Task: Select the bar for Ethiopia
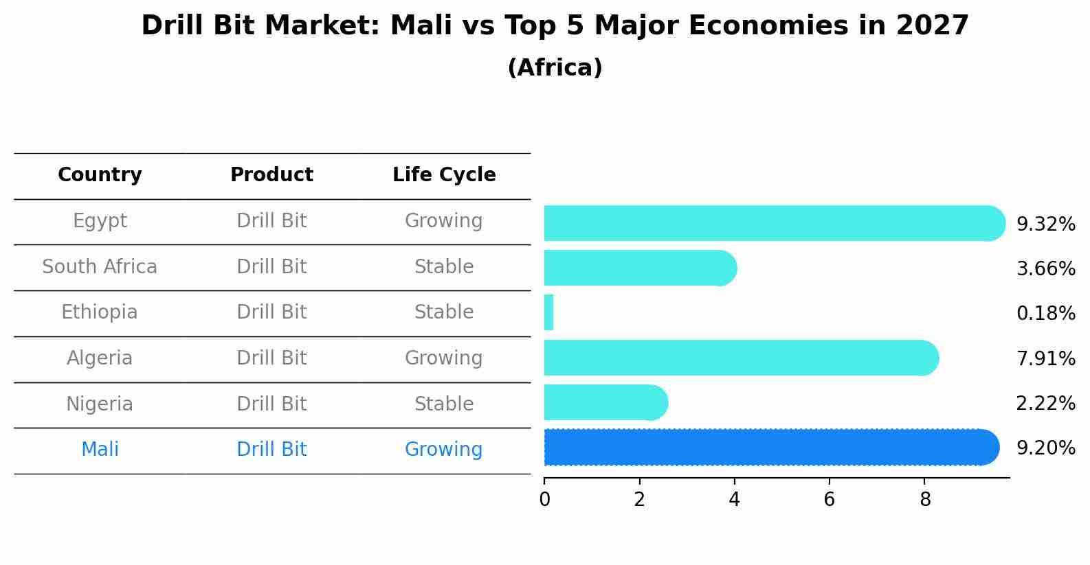point(549,313)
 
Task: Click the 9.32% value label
point(1045,224)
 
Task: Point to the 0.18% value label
point(1045,314)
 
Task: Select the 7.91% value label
point(1045,358)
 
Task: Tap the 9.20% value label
point(1045,448)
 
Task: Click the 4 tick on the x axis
point(734,500)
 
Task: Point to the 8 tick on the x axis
point(924,500)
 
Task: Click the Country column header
point(100,175)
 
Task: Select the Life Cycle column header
point(444,175)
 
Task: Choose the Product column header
point(271,175)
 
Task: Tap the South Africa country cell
point(100,266)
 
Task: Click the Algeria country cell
point(100,358)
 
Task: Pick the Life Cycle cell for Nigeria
point(444,404)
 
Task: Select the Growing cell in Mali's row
point(444,450)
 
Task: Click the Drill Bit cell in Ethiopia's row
point(271,312)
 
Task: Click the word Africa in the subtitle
point(555,68)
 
